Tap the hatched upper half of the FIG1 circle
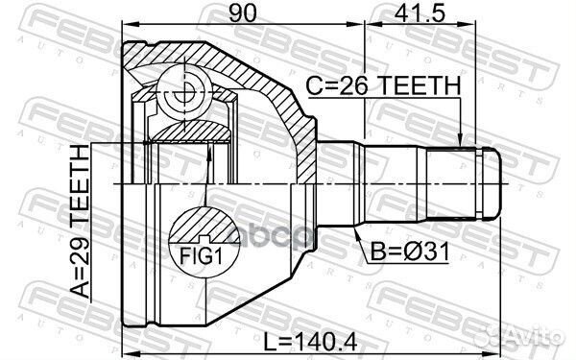[x=204, y=227]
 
